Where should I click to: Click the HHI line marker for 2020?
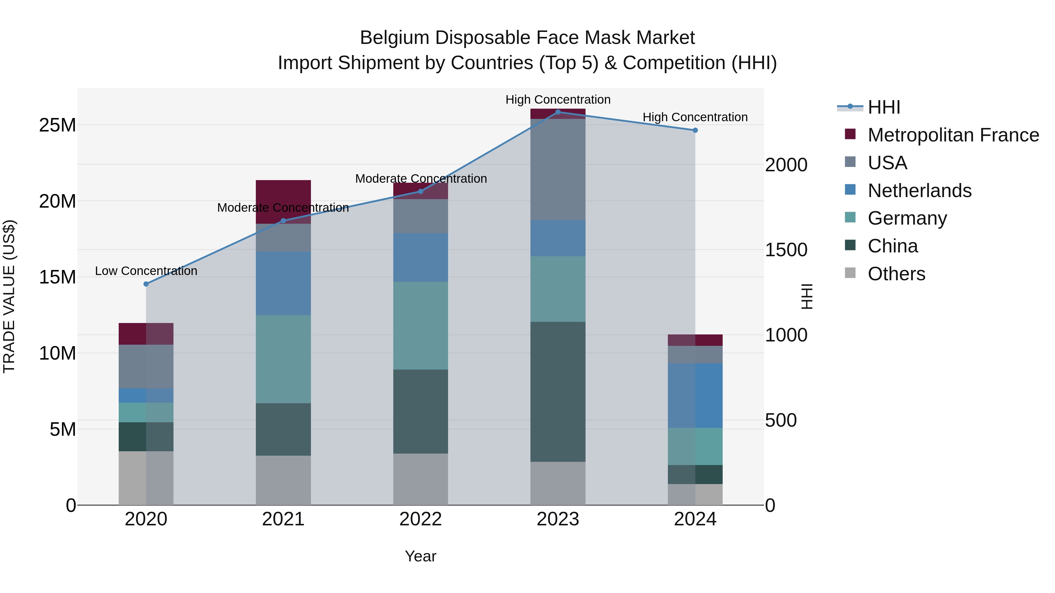tap(146, 284)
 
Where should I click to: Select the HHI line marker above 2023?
tap(558, 112)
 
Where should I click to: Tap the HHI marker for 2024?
tap(695, 130)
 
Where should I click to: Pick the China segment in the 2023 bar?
tap(558, 392)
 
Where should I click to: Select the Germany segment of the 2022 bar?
tap(421, 325)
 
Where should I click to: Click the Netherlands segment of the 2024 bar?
tap(695, 395)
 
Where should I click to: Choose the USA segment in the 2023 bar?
tap(558, 170)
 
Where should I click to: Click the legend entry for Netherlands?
tap(919, 191)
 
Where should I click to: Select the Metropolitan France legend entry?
tap(953, 135)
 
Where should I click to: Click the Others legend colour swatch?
tap(850, 273)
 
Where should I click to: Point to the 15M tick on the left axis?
tap(57, 277)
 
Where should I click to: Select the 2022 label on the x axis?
tap(421, 519)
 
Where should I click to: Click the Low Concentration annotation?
tap(146, 271)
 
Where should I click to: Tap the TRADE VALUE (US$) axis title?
tap(9, 296)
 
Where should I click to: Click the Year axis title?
tap(421, 556)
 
